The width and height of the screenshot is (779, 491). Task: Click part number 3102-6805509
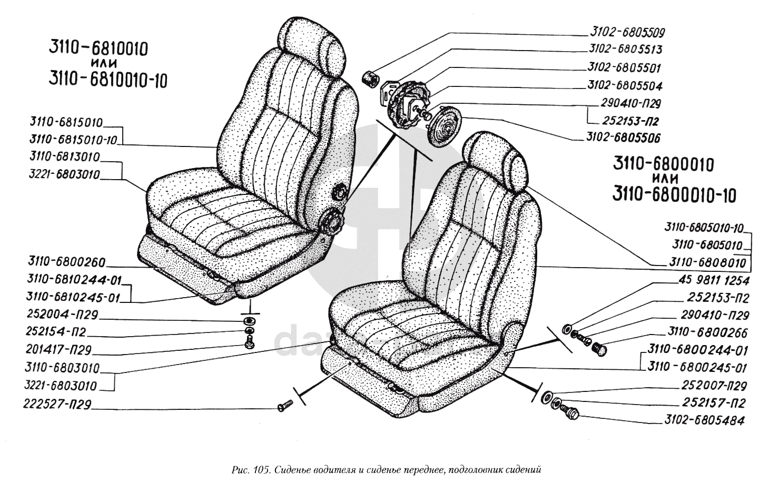pyautogui.click(x=627, y=32)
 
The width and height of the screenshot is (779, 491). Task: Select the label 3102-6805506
pyautogui.click(x=623, y=138)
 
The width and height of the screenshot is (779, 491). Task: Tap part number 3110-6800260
pyautogui.click(x=67, y=262)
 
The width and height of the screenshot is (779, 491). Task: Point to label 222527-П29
pyautogui.click(x=57, y=404)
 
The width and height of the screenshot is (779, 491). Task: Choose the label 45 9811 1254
pyautogui.click(x=714, y=280)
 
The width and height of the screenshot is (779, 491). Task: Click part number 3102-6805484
pyautogui.click(x=705, y=420)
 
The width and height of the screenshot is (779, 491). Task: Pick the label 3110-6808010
pyautogui.click(x=707, y=262)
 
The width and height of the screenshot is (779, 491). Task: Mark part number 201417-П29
pyautogui.click(x=58, y=349)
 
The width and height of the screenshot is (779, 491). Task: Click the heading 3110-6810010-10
pyautogui.click(x=108, y=80)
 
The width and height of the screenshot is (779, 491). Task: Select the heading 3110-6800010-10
pyautogui.click(x=674, y=195)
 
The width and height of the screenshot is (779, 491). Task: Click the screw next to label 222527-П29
pyautogui.click(x=285, y=406)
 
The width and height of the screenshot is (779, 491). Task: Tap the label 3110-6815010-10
pyautogui.click(x=73, y=140)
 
